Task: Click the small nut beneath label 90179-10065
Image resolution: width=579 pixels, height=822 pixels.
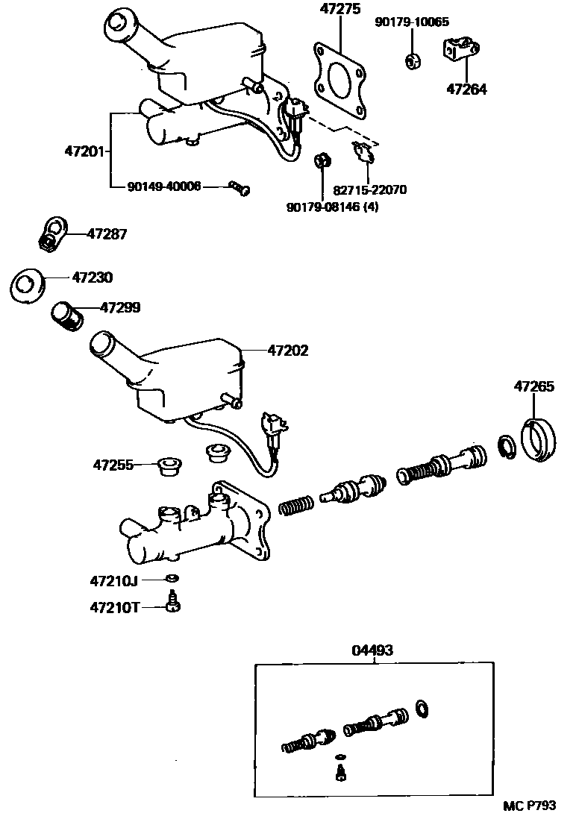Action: coord(411,60)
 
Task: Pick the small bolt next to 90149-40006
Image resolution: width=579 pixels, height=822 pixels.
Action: coord(240,188)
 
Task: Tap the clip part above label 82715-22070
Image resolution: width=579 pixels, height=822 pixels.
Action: coord(363,152)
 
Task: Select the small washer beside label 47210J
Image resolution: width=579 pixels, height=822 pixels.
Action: coord(172,579)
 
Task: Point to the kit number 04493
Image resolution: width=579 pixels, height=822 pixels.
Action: coord(372,650)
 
